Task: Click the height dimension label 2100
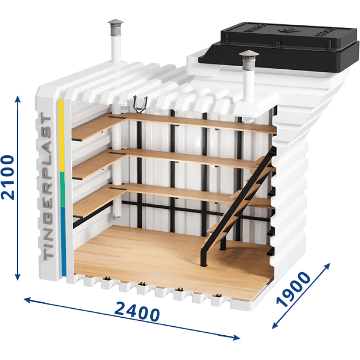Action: [x=8, y=177]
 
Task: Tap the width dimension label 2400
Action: [x=137, y=312]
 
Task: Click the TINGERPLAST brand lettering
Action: [x=47, y=186]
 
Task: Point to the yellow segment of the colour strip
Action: [x=61, y=135]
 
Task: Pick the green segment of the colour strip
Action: [x=62, y=189]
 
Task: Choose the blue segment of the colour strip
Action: [x=63, y=242]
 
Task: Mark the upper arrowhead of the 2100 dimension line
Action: [x=18, y=99]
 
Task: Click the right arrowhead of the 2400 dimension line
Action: [x=237, y=337]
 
